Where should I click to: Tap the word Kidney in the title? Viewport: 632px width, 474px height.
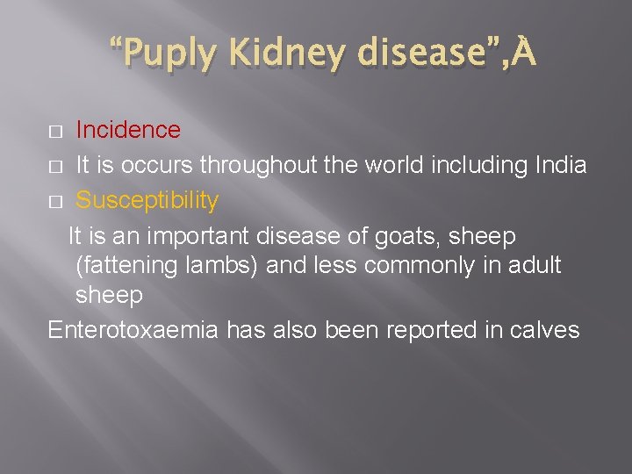point(280,54)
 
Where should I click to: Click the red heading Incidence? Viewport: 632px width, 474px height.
point(128,130)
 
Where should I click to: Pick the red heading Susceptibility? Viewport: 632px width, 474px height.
point(147,200)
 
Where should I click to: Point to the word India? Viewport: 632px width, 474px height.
point(558,165)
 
